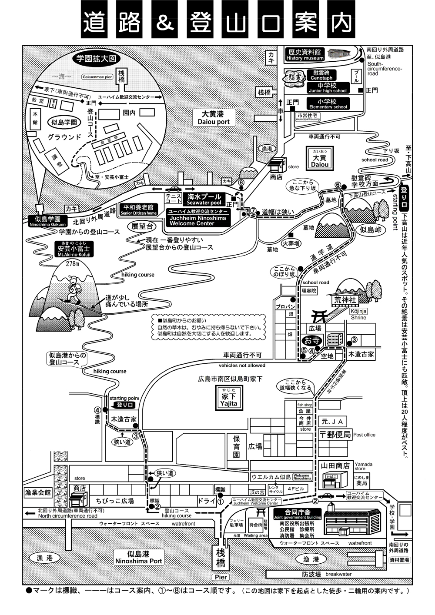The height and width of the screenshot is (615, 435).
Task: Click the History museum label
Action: [x=305, y=54]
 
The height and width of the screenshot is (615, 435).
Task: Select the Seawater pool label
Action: [x=204, y=199]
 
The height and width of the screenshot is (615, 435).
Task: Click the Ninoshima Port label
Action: [x=138, y=558]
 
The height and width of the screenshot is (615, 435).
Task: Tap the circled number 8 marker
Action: [x=241, y=183]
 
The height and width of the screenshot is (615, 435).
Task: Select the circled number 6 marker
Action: [x=338, y=184]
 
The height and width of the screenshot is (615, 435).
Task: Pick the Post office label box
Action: [x=335, y=435]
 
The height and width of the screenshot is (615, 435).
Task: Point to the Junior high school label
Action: [x=328, y=88]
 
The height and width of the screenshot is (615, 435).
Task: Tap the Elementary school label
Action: [x=328, y=104]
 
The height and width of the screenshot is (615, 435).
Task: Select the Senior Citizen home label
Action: [x=139, y=210]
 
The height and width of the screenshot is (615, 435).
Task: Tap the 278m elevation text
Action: [x=73, y=263]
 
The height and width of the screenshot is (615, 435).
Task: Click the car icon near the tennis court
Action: [x=173, y=189]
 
